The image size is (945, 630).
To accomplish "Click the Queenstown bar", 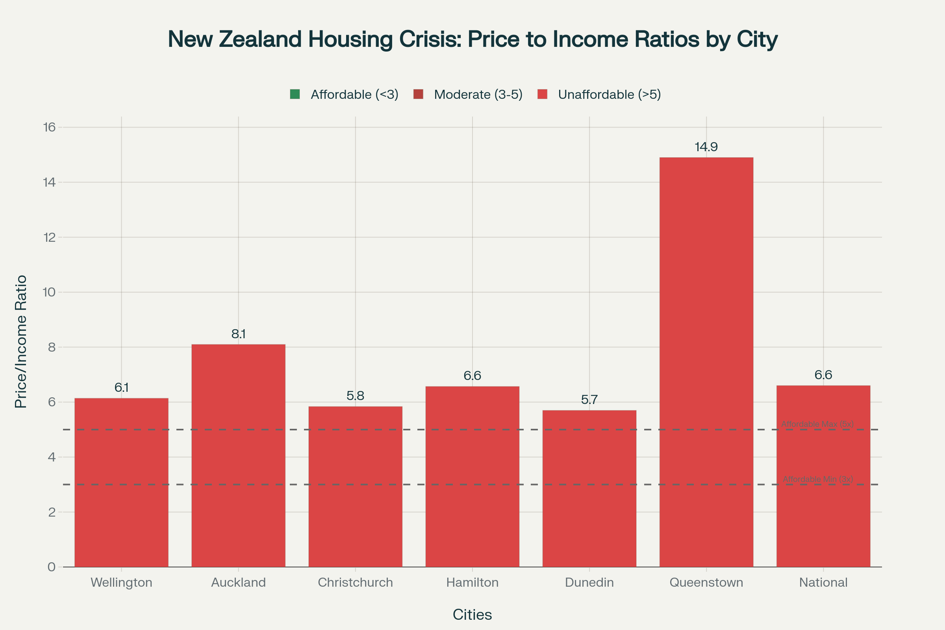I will coord(706,361).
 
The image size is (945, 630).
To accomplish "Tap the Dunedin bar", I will coord(589,488).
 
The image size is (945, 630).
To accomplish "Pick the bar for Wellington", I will coord(121,482).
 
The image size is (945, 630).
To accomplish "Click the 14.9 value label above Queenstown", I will coord(706,147).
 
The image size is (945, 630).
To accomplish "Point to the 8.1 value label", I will coord(238,334).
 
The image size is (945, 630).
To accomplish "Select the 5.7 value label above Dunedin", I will coord(589,400).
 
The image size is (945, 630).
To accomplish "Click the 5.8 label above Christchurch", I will coord(355,396).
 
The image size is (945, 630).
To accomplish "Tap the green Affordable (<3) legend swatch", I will coord(295,94).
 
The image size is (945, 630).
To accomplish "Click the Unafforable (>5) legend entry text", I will coord(609,94).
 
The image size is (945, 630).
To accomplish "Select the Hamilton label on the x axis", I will coord(472,583).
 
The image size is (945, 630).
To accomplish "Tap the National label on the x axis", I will coord(823,583).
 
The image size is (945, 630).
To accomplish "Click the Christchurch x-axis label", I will coord(355,583).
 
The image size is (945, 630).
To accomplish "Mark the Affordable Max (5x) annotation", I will coord(817,424).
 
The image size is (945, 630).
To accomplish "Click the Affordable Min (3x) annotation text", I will coord(818,479).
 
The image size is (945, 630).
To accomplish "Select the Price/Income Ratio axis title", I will coord(21,341).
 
